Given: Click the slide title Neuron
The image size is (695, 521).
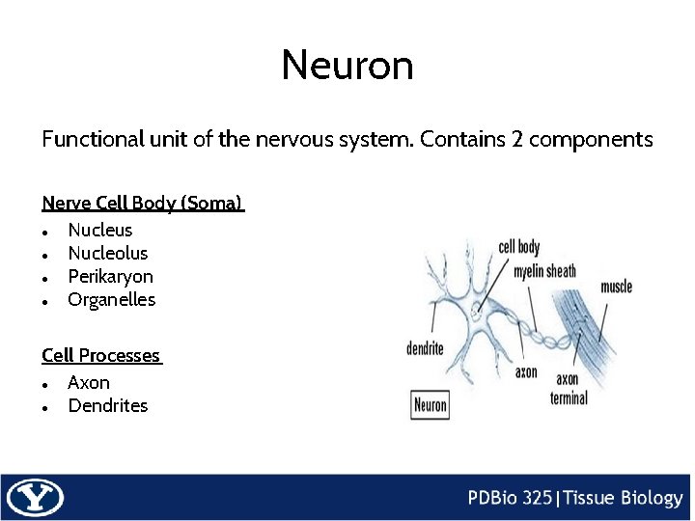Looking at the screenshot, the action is [347, 66].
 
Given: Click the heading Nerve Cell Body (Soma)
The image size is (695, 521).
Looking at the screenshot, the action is [142, 204].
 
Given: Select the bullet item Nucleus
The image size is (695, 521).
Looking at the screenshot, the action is [100, 230].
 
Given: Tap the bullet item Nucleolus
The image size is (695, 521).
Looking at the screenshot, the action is [108, 253].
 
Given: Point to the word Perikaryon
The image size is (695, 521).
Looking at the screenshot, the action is [110, 276].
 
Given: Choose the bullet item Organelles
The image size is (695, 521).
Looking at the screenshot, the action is [111, 299].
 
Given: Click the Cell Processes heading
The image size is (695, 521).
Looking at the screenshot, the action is [100, 356].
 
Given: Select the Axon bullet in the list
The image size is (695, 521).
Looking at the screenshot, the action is [89, 382].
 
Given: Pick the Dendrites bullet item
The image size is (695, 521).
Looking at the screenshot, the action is [108, 405].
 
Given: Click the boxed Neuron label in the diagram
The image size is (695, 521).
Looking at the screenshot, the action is [431, 404].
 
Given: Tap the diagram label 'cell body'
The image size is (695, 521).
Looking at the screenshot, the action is [519, 248].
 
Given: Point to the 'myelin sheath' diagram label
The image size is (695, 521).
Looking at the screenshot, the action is [544, 271].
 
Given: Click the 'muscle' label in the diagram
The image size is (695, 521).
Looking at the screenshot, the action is [616, 287].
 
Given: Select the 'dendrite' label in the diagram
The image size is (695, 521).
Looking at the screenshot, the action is [425, 348].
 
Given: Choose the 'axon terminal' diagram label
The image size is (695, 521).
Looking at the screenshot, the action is [569, 389].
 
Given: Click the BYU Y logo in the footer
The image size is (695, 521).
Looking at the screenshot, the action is [34, 498].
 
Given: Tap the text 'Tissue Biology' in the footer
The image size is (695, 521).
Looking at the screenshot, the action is [623, 498].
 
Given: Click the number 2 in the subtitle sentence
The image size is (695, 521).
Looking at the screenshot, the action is [518, 139].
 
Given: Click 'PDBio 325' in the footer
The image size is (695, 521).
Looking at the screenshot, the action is [511, 498].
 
